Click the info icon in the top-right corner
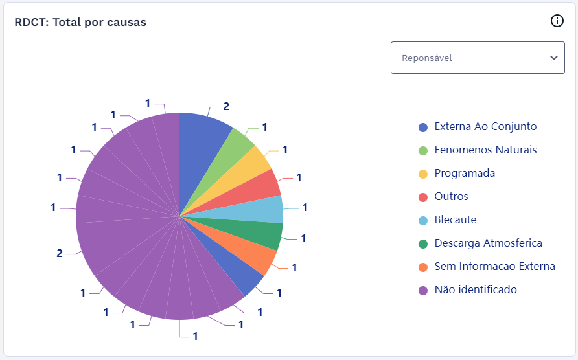click(x=557, y=21)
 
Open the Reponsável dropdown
click(x=477, y=58)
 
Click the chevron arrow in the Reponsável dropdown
click(x=553, y=58)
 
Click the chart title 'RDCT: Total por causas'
click(x=80, y=22)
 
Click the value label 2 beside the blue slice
click(x=226, y=106)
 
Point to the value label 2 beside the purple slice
click(x=60, y=253)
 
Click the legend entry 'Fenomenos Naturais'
click(x=485, y=150)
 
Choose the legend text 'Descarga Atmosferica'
click(x=488, y=243)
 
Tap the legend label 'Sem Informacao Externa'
click(x=494, y=266)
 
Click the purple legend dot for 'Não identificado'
click(x=423, y=290)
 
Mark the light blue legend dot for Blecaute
click(x=423, y=220)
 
